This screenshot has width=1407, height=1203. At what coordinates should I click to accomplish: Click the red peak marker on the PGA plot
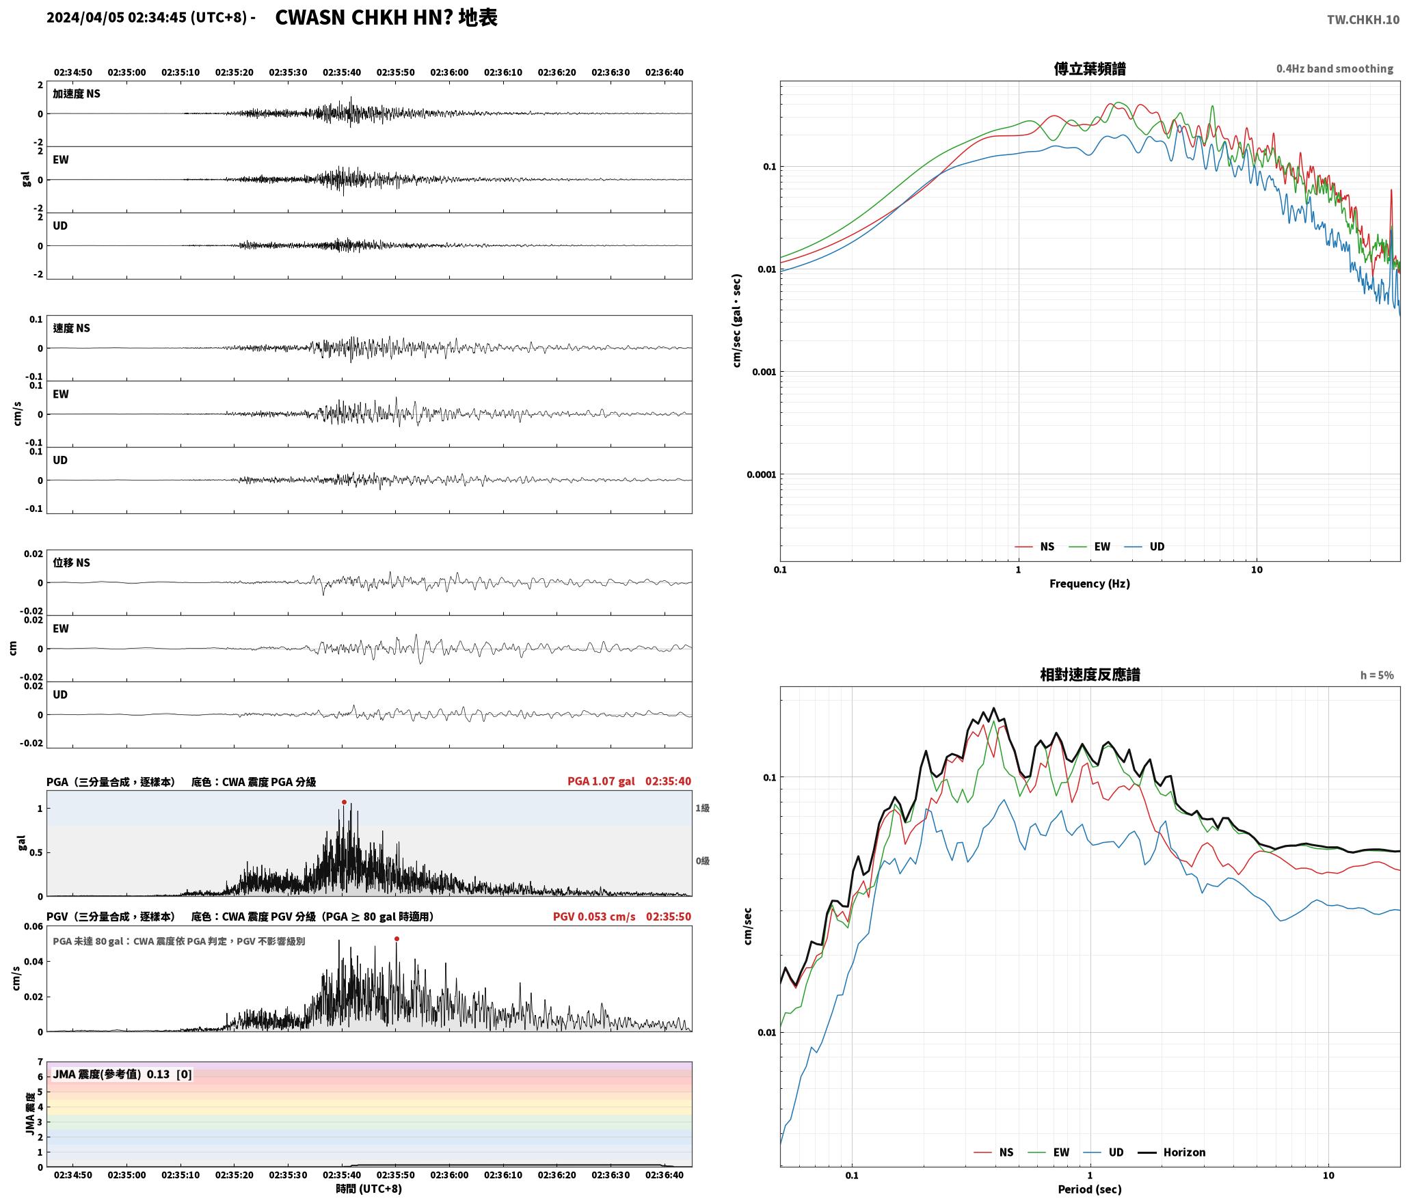344,802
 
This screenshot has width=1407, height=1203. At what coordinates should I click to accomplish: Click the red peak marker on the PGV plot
397,938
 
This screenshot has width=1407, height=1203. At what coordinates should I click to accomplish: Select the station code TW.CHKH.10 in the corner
1363,20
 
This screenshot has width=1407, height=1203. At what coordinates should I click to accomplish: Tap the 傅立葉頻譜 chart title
1090,68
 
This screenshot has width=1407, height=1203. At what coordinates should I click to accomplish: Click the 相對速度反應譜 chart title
1090,675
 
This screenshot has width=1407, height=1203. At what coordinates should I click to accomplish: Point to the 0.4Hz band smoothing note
1335,69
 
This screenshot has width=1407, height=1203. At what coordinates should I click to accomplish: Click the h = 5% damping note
1377,675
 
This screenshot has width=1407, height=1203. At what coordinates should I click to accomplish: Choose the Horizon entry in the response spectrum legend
1171,1152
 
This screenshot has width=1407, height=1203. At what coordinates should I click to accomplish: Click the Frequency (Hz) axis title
1090,584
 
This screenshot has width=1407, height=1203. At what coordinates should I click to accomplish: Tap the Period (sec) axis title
1090,1189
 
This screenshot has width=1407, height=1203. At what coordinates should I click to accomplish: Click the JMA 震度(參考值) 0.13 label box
122,1074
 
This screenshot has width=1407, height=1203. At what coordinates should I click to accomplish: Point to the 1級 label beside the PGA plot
703,808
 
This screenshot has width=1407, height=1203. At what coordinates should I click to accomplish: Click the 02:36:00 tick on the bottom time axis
450,1175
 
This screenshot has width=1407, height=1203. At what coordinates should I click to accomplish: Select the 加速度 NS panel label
77,94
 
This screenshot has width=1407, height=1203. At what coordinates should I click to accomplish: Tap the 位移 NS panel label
71,563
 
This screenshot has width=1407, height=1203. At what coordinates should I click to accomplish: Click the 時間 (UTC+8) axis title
369,1189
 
